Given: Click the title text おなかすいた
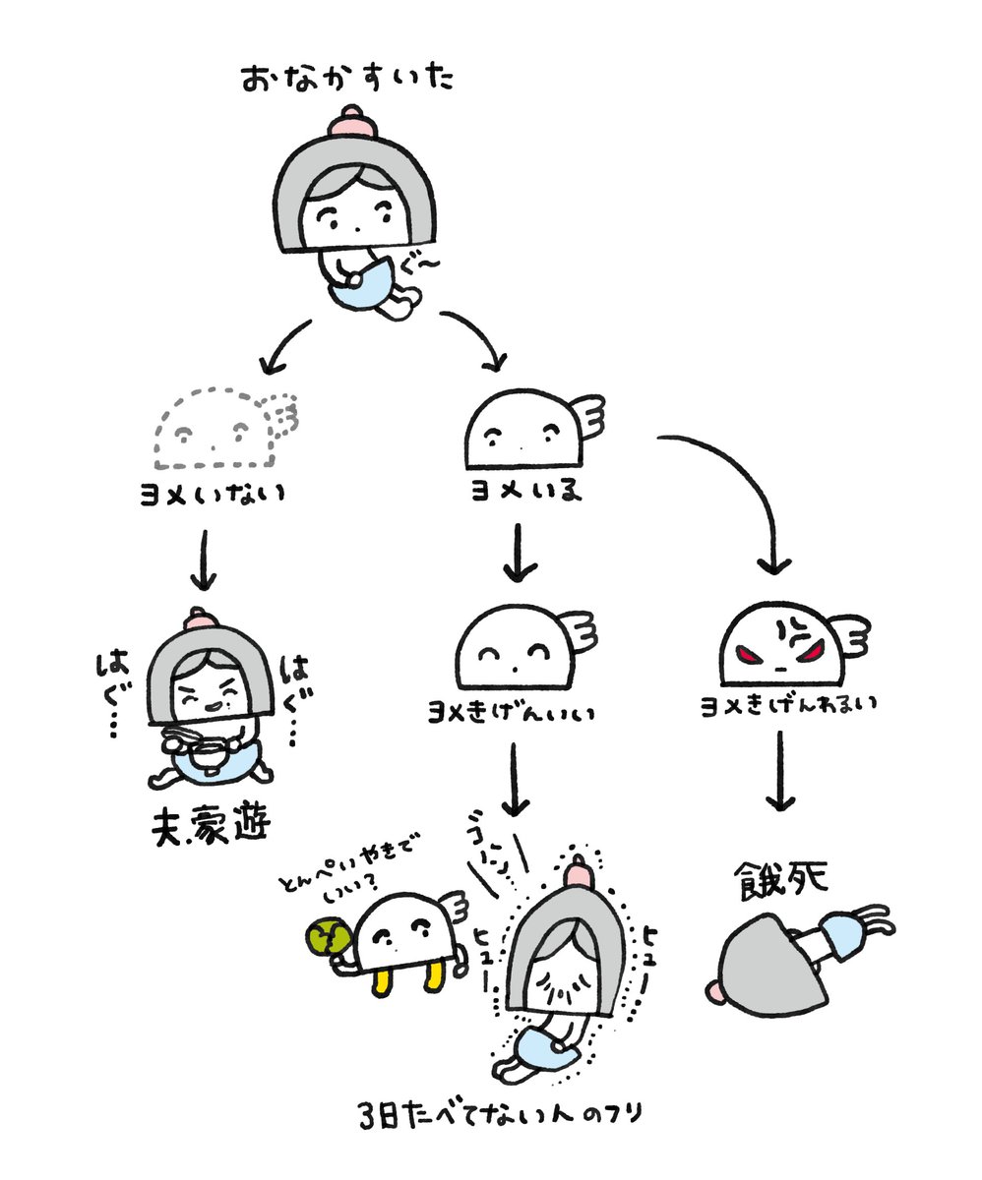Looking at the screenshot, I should pyautogui.click(x=348, y=79).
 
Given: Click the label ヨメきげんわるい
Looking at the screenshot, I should pyautogui.click(x=787, y=705).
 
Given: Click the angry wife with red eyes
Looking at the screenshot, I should pyautogui.click(x=787, y=644).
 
